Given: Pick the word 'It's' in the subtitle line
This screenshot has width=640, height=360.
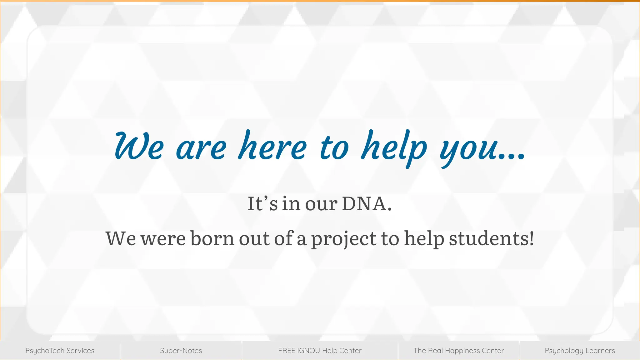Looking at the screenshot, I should click(x=262, y=204).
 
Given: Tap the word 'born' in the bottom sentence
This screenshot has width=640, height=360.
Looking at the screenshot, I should click(x=212, y=238).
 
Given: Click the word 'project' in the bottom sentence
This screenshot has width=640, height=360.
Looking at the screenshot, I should click(x=344, y=239).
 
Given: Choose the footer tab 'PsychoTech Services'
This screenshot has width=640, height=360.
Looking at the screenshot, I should click(x=60, y=351).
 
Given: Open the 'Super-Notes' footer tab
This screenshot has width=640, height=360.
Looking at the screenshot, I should click(x=181, y=351).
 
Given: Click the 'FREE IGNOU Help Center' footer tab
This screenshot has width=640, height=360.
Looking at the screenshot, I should click(x=320, y=351).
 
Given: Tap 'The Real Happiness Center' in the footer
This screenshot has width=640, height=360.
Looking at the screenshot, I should click(x=458, y=351).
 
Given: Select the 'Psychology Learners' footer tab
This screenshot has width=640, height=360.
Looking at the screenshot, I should click(x=580, y=351).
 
